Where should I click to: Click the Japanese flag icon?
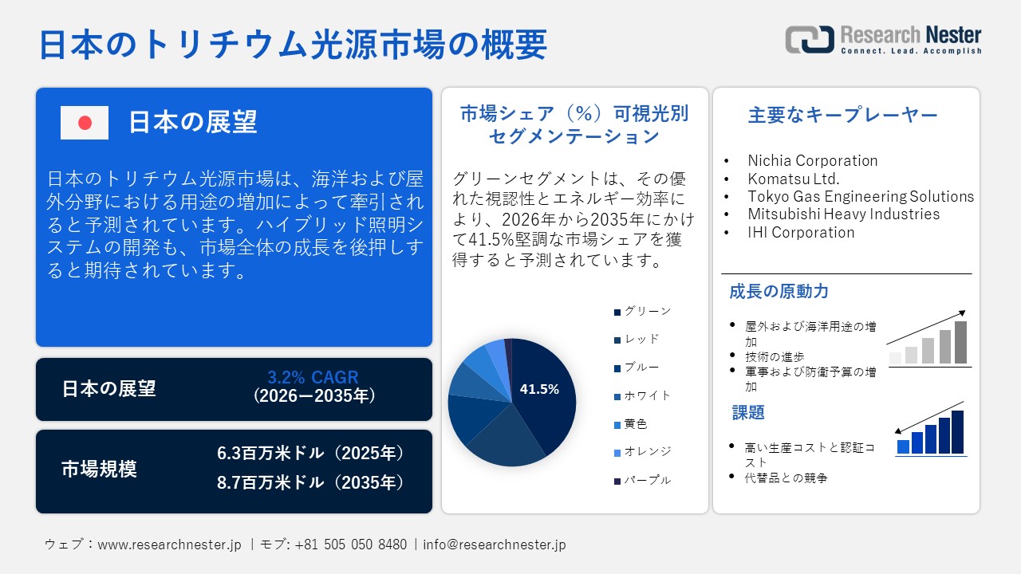click(85, 123)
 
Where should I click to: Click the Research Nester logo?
click(883, 39)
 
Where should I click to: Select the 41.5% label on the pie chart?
click(539, 390)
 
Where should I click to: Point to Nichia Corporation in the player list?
click(812, 160)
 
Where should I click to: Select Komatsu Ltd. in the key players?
click(793, 179)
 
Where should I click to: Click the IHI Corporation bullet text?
click(801, 232)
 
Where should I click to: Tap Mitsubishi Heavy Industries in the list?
click(843, 214)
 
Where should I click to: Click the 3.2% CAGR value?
click(313, 377)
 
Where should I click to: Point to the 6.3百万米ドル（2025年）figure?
click(310, 454)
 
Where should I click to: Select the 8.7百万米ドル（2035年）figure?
click(310, 482)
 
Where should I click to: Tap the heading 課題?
click(748, 412)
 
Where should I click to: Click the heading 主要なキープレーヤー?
click(843, 115)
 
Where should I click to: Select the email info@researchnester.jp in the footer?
click(495, 545)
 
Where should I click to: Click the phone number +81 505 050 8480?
click(350, 545)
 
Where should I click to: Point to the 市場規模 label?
click(99, 470)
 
